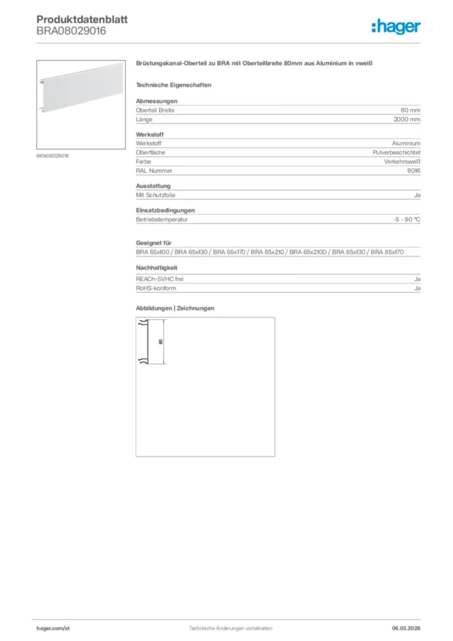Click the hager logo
click(396, 26)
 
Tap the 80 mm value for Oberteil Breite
click(410, 110)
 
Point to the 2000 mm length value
click(407, 119)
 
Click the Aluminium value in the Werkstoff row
click(406, 144)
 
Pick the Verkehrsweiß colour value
click(402, 162)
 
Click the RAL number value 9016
click(414, 170)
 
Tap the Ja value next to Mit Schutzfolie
click(417, 195)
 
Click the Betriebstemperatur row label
click(162, 220)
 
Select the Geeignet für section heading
click(153, 243)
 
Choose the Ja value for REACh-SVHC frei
click(417, 279)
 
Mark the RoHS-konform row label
click(156, 289)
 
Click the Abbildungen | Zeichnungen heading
click(175, 309)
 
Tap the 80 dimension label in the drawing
click(161, 342)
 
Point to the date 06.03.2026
click(406, 628)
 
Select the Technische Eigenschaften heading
click(173, 85)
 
